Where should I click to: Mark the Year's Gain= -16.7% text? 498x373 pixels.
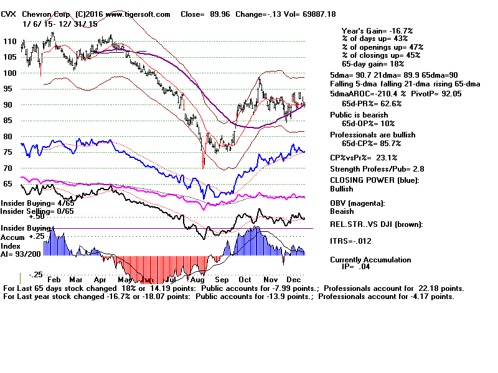(377, 30)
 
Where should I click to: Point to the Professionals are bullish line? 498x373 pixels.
(373, 135)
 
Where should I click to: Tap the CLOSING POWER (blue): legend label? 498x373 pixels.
(374, 180)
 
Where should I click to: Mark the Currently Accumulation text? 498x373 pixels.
(370, 260)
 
